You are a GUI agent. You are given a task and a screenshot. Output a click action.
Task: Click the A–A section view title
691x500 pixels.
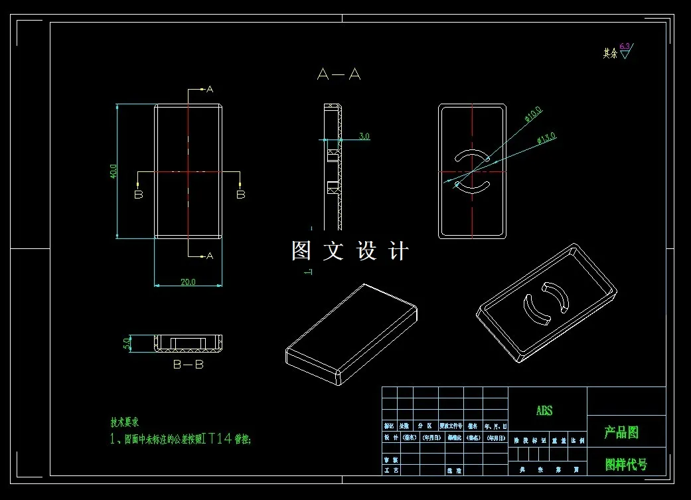339,74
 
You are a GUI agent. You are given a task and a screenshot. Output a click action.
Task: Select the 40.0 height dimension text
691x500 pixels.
114,171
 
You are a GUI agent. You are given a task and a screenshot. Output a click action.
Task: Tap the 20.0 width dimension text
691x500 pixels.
188,282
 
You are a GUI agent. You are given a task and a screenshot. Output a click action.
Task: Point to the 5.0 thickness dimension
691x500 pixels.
127,344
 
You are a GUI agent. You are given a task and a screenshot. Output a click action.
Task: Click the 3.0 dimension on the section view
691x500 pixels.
364,136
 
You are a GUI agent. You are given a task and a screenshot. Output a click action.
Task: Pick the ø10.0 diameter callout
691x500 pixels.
533,114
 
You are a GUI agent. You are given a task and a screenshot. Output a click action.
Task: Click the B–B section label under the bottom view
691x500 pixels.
188,365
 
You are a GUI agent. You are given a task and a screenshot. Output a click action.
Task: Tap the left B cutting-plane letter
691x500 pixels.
138,195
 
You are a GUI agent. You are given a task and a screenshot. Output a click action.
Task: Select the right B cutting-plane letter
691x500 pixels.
241,195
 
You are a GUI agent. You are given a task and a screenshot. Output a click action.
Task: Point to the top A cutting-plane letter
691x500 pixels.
210,89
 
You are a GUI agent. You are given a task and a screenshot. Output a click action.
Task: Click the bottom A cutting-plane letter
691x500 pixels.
210,256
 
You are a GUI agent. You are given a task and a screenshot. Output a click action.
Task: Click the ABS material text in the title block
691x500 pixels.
544,411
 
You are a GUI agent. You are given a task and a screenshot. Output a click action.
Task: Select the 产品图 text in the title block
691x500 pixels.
621,433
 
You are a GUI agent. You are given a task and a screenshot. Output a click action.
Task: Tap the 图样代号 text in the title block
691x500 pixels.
625,465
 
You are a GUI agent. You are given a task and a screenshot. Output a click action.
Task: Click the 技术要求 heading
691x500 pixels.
125,422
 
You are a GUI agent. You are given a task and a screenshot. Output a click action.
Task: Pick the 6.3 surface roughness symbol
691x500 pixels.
625,50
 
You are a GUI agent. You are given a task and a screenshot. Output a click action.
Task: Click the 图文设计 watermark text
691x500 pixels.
350,251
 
